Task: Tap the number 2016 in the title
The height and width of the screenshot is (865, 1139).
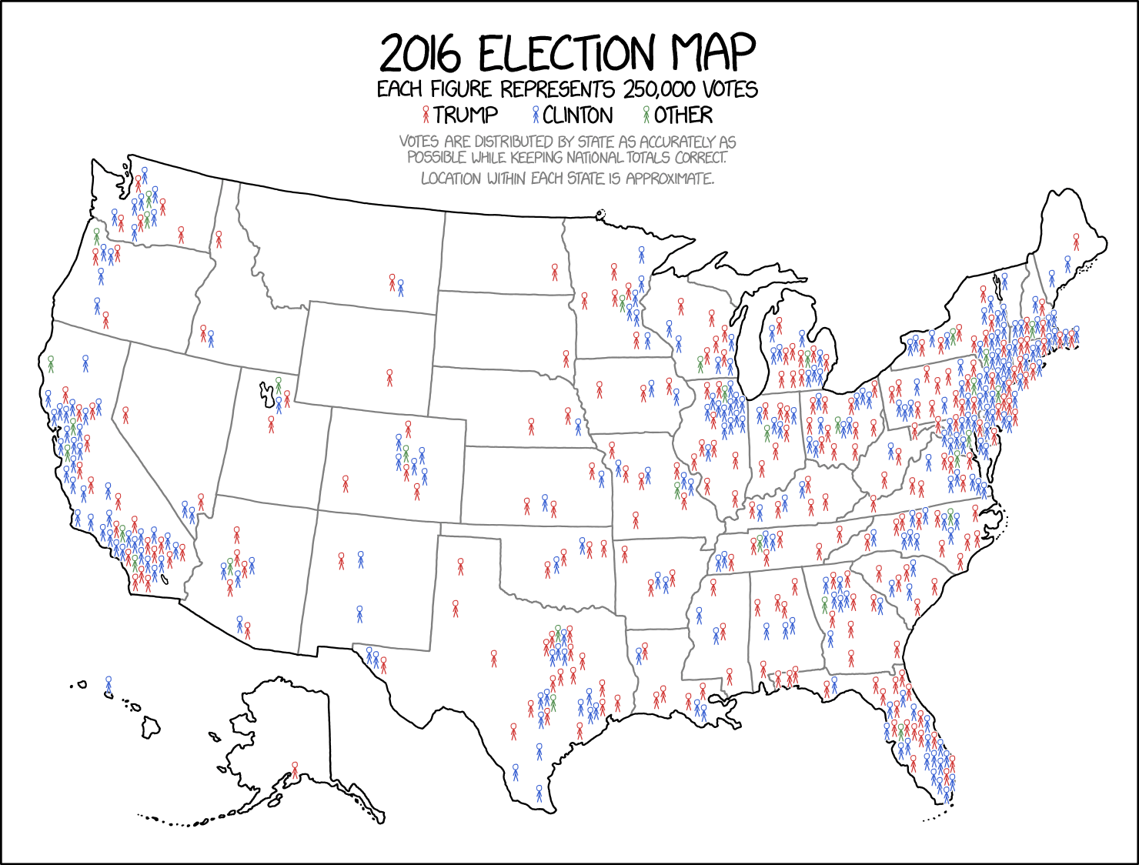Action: click(x=420, y=54)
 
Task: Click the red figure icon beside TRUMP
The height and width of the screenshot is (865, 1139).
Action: click(x=426, y=115)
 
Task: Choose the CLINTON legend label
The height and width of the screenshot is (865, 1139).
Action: click(x=577, y=115)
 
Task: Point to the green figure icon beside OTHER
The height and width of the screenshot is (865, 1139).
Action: click(x=646, y=115)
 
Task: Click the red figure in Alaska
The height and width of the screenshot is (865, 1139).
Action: click(x=295, y=769)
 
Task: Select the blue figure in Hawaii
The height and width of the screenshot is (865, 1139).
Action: click(x=109, y=684)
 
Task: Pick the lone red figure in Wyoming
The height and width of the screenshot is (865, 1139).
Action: click(x=389, y=377)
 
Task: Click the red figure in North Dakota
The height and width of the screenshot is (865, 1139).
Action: click(x=554, y=271)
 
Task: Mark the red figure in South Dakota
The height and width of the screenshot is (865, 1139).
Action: click(x=566, y=358)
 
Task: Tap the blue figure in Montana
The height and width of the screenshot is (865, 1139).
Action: click(x=400, y=288)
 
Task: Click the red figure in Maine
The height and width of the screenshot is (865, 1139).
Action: click(x=1076, y=242)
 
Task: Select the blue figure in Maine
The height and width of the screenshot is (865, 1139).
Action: click(x=1067, y=264)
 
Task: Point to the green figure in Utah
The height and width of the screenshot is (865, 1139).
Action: click(x=279, y=384)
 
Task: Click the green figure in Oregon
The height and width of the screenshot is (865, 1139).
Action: click(x=97, y=235)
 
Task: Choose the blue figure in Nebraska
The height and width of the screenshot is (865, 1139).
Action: click(x=578, y=426)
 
